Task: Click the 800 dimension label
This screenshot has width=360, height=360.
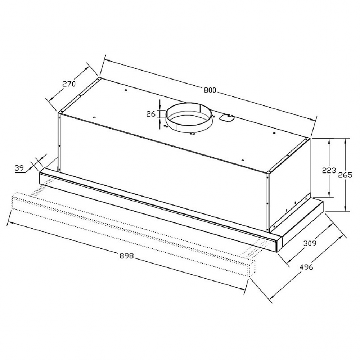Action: pyautogui.click(x=210, y=90)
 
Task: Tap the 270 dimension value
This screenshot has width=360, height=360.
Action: pyautogui.click(x=69, y=84)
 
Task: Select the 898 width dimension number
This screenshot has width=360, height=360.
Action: pyautogui.click(x=126, y=256)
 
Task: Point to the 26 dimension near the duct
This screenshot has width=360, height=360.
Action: pyautogui.click(x=151, y=114)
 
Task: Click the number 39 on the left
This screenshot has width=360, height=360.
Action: pyautogui.click(x=19, y=168)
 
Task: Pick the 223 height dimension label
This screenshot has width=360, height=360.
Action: pyautogui.click(x=329, y=171)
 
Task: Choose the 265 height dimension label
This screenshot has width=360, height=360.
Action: pyautogui.click(x=345, y=175)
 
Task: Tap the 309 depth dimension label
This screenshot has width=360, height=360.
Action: pyautogui.click(x=310, y=243)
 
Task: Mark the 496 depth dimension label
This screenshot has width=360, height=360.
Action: pyautogui.click(x=306, y=267)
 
